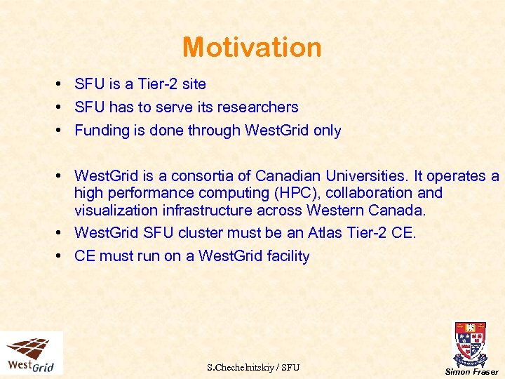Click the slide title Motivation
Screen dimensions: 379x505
coord(252,47)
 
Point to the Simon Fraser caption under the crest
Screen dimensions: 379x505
coord(472,372)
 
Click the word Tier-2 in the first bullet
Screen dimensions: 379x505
coord(158,84)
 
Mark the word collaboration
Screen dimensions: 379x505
coord(376,193)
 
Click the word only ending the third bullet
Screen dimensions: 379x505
coord(327,131)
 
